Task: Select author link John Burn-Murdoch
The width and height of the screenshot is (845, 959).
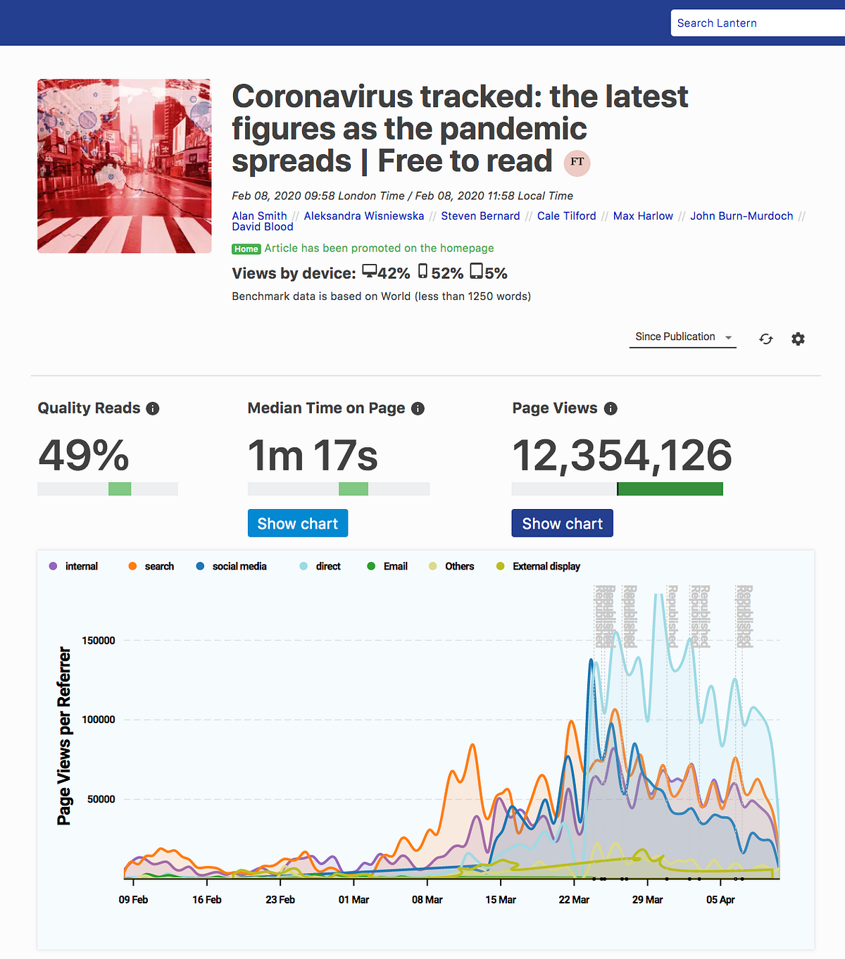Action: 741,216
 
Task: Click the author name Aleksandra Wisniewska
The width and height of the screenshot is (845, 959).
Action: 363,216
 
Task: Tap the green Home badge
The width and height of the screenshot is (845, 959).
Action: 246,249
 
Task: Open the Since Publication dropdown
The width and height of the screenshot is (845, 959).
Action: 682,337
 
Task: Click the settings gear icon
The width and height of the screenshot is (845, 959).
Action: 798,339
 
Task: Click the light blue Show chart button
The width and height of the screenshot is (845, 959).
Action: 297,523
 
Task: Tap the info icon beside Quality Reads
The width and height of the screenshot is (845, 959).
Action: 153,408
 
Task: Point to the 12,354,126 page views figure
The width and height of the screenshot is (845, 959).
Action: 622,456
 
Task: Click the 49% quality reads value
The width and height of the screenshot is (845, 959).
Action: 84,456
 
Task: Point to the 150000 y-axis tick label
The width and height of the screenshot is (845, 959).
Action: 99,641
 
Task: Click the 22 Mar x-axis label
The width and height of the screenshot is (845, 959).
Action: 574,900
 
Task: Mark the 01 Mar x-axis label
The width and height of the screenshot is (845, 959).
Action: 353,900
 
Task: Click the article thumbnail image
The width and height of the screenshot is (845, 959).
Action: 124,166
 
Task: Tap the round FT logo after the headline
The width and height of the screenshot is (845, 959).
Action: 577,163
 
